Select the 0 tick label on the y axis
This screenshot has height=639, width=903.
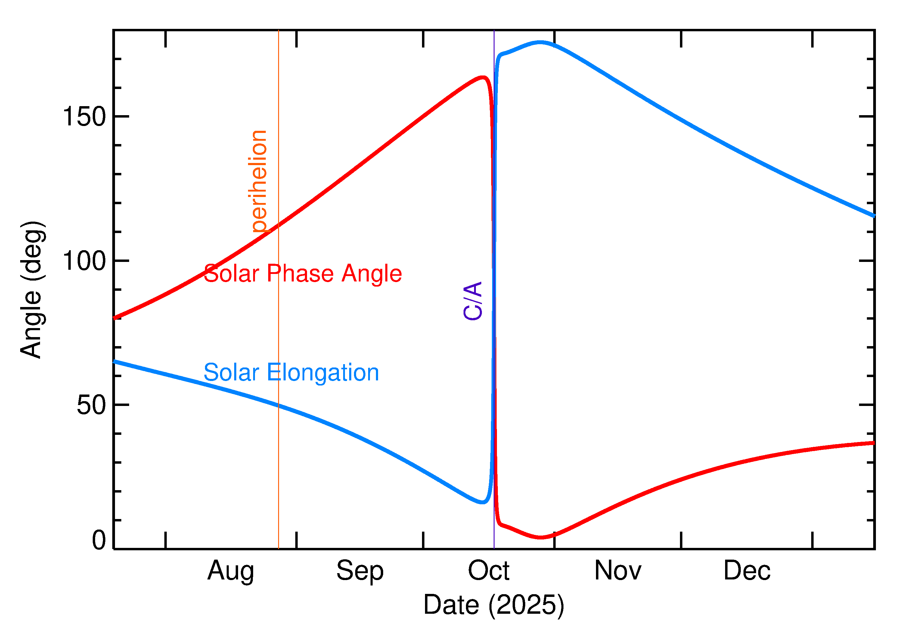99,540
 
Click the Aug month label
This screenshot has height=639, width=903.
231,571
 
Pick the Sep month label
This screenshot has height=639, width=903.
360,571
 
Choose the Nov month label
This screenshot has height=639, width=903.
617,571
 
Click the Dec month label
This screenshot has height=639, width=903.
747,571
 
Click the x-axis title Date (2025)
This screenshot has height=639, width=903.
493,605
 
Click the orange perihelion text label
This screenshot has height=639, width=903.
258,181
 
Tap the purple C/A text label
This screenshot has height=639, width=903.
473,301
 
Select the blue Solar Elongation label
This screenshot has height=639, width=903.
291,373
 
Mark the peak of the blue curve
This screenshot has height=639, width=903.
540,42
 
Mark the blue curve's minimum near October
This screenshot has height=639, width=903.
483,502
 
